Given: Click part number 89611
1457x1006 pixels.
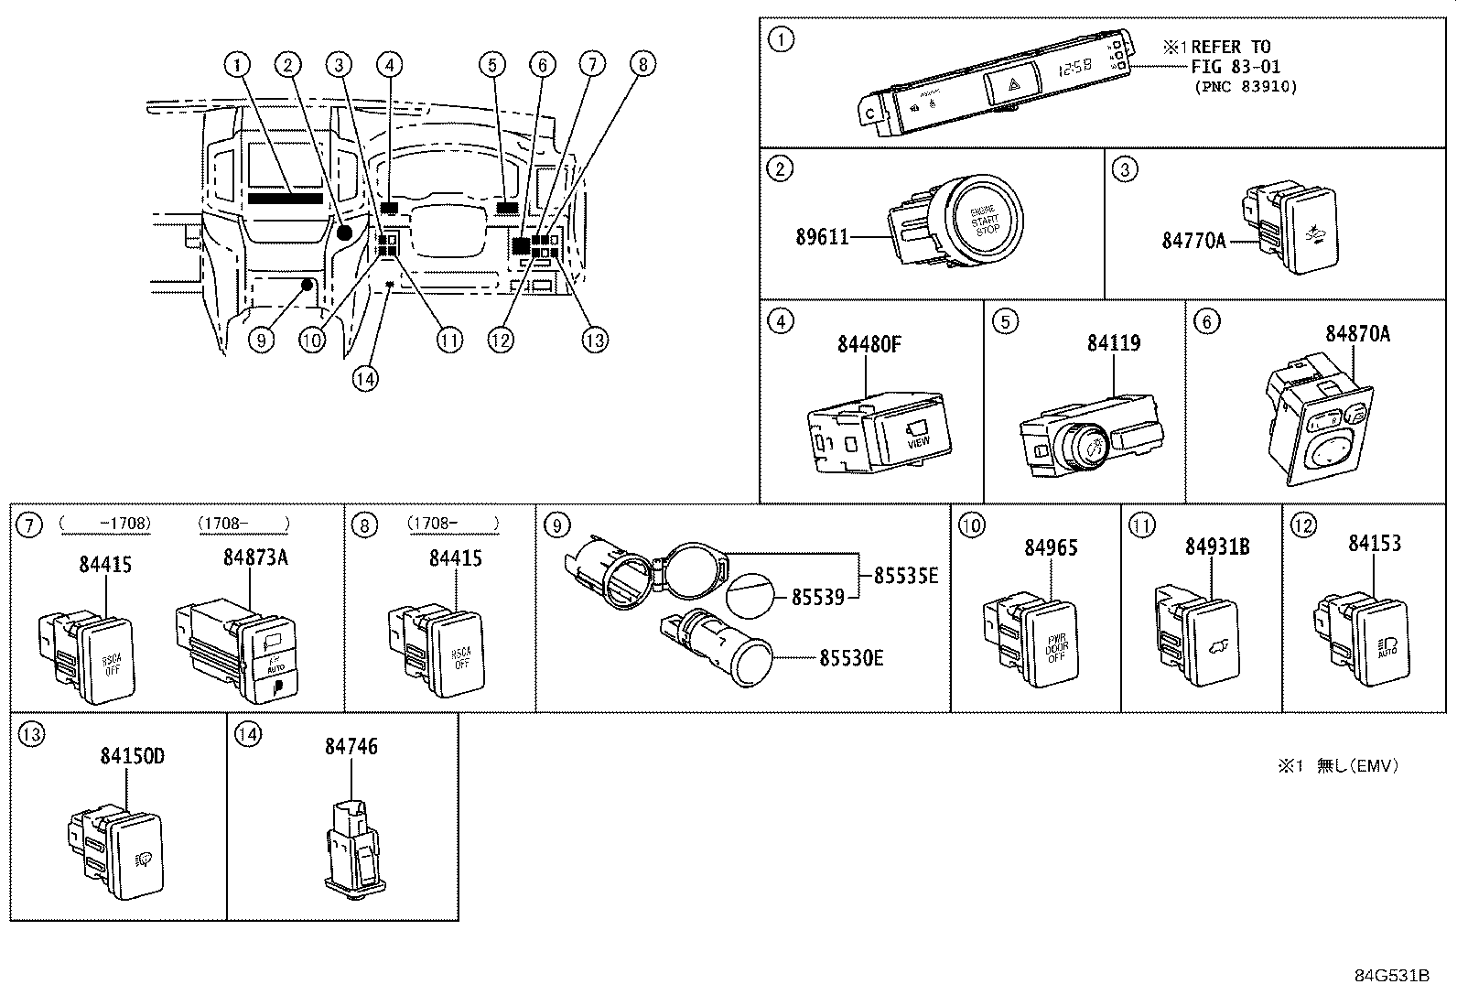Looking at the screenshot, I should tap(822, 238).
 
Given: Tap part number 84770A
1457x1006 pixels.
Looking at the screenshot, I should tap(1193, 240).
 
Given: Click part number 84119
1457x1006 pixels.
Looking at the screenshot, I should tap(1114, 343).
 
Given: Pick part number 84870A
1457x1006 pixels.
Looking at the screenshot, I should tap(1357, 334).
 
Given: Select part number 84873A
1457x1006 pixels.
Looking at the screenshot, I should tap(255, 557).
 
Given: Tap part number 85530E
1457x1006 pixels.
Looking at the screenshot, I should tap(851, 657).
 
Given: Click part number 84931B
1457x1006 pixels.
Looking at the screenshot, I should tap(1217, 547).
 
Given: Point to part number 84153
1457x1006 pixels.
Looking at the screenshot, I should tap(1375, 544).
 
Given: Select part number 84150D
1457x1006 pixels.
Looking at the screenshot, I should tap(133, 756).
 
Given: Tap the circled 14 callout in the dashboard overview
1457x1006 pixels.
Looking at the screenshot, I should tap(365, 378).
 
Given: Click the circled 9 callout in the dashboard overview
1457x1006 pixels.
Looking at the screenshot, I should tap(261, 341).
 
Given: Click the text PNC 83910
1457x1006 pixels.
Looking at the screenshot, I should tap(1246, 86).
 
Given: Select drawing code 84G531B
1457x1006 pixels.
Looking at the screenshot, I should tap(1392, 975).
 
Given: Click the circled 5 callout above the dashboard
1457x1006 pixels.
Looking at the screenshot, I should tap(492, 64).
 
